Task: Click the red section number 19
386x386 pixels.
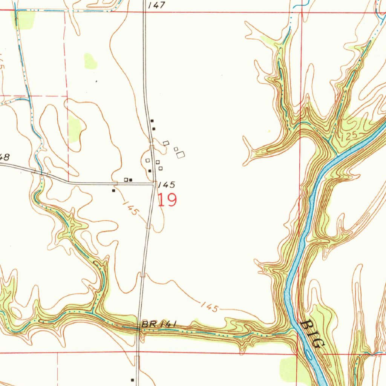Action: tap(167, 200)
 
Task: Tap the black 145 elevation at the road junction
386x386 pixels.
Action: tap(166, 185)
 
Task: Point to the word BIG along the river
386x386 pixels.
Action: tap(314, 334)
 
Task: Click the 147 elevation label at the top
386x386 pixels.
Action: tap(157, 5)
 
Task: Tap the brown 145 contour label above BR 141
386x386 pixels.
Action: tap(209, 307)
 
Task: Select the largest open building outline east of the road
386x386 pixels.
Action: tap(181, 154)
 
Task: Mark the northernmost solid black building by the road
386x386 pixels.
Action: tap(152, 121)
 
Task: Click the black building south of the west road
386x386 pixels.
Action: tap(113, 191)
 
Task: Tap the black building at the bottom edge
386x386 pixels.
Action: tap(132, 380)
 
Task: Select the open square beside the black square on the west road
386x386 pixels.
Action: tap(126, 180)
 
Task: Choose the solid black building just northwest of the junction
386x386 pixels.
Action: tap(150, 171)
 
